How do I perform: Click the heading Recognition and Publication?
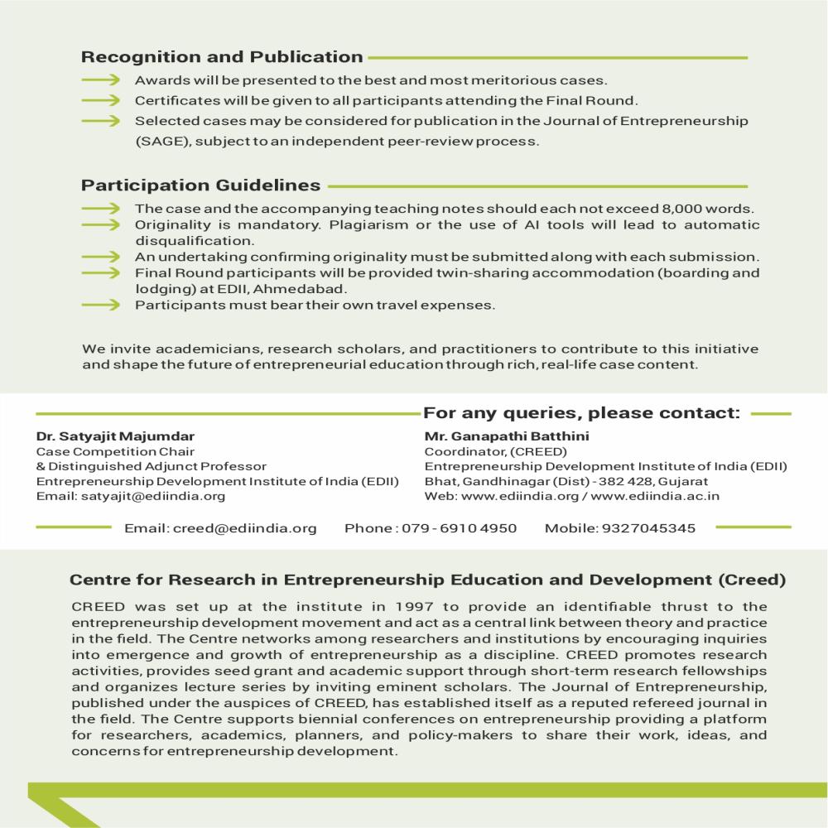pyautogui.click(x=222, y=57)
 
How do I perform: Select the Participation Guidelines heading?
pyautogui.click(x=201, y=185)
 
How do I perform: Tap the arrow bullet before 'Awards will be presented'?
pyautogui.click(x=103, y=80)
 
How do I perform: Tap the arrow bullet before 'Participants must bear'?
pyautogui.click(x=103, y=305)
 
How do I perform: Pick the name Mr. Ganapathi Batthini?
pyautogui.click(x=507, y=436)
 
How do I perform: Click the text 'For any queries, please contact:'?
pyautogui.click(x=581, y=413)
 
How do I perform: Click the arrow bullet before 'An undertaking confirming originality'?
pyautogui.click(x=103, y=257)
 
